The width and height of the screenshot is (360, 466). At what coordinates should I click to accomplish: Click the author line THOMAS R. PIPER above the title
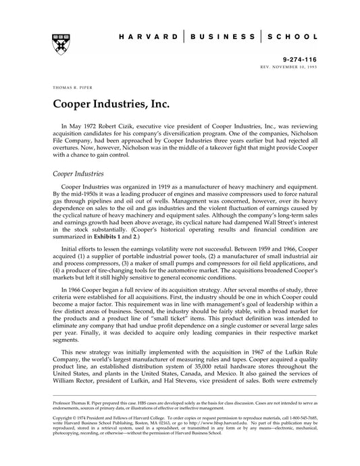pos(70,88)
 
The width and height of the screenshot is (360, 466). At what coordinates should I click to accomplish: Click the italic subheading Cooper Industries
pos(78,173)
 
